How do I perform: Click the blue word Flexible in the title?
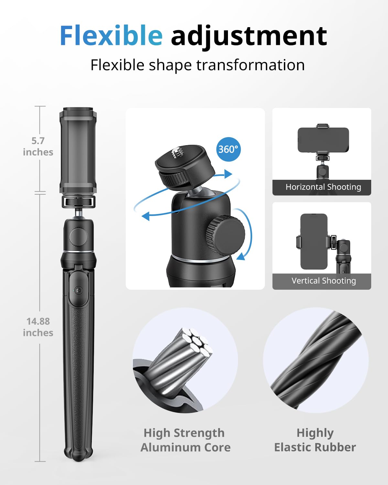pos(111,36)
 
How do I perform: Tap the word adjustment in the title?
pos(249,36)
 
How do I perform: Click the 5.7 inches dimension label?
pos(38,146)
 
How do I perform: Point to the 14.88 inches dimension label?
pos(38,327)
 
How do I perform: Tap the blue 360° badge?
pos(228,149)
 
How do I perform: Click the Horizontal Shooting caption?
pos(323,187)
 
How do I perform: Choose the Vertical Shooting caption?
pos(323,281)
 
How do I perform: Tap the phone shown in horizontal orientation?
pos(323,140)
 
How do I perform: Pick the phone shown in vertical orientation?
pos(314,241)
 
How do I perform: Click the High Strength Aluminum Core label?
pos(185,440)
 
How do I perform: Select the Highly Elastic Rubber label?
pos(315,440)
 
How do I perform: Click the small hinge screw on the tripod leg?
pos(78,290)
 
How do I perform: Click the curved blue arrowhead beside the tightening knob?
pos(241,256)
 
